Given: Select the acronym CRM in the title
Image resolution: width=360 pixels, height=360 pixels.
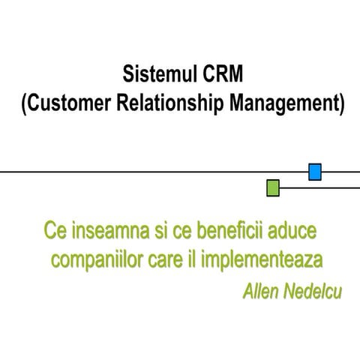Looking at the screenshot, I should tap(222, 76).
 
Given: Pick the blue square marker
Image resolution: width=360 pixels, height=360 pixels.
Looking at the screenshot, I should tap(316, 172).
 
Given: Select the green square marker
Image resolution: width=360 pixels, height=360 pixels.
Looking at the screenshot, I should tap(274, 187).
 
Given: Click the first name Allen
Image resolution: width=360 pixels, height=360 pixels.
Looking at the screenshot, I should tap(262, 290).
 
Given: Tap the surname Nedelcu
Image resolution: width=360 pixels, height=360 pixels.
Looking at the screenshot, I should tap(313, 290).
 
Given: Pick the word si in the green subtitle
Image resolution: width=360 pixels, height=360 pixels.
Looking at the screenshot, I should tap(151, 227).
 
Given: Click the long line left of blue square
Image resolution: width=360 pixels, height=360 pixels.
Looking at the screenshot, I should tap(150, 172).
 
